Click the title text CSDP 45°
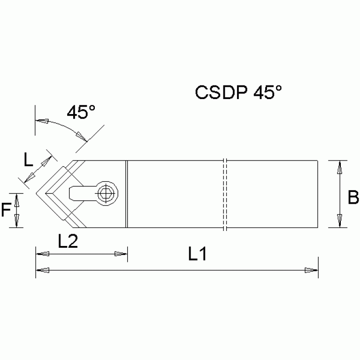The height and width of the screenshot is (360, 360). click(238, 92)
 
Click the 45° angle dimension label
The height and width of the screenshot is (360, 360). click(81, 112)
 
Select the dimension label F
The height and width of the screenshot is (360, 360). click(6, 210)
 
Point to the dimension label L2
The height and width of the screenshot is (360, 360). click(68, 241)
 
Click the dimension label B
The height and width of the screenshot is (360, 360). click(353, 198)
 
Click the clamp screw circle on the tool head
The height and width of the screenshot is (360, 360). click(107, 192)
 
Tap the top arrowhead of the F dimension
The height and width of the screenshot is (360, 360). click(17, 199)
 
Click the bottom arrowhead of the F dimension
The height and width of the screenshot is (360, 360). click(17, 221)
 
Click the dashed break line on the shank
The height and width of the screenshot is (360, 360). click(225, 194)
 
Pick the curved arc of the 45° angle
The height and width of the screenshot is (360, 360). click(61, 123)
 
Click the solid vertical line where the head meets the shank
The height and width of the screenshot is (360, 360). click(127, 193)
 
